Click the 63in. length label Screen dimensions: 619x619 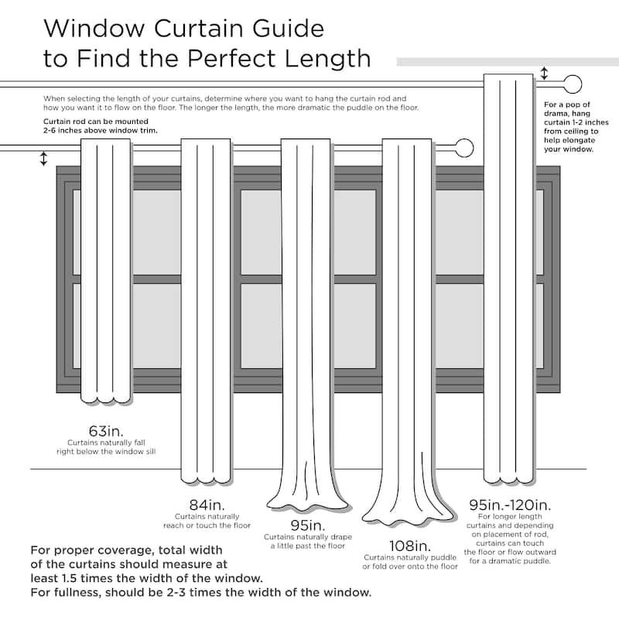pos(105,429)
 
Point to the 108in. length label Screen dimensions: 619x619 pos(410,545)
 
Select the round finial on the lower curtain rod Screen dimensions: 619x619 pos(464,147)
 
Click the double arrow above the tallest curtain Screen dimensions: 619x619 pos(544,74)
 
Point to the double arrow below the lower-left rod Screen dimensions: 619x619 pos(43,159)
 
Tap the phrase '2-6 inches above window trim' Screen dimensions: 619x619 pos(101,131)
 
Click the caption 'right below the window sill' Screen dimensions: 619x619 pos(105,450)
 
